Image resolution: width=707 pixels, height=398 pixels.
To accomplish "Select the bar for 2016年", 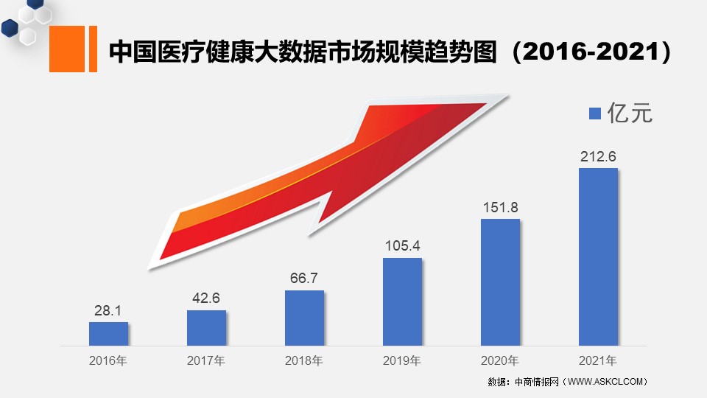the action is point(109,334).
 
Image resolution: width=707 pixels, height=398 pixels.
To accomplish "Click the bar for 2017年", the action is point(206,328).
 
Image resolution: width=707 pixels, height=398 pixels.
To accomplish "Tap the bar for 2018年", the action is point(304,318).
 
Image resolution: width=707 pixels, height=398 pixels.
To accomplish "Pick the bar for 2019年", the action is point(403,302).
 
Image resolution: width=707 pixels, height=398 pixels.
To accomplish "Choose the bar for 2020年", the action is point(501,282).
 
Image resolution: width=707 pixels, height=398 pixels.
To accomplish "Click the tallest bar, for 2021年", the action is point(598,257).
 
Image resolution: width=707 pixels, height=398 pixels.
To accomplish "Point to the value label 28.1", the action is point(108,310).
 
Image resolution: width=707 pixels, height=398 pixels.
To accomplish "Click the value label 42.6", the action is point(206,298).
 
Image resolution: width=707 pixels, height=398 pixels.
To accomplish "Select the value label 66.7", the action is point(304,278).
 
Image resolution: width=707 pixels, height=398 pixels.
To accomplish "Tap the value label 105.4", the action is point(403,245).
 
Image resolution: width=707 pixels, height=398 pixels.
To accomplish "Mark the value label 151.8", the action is point(501,207).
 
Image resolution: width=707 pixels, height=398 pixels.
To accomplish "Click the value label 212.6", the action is point(598,156).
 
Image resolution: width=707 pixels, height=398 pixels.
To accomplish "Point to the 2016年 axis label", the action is point(108,360).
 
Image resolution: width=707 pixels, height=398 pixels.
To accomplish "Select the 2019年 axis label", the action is point(402,360).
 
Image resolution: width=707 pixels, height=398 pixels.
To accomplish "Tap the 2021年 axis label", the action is point(598,360).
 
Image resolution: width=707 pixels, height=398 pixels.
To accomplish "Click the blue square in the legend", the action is point(595,114).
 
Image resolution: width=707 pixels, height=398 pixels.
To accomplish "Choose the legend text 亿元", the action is point(630,113).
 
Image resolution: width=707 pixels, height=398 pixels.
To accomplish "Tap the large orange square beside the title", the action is point(67,49).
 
